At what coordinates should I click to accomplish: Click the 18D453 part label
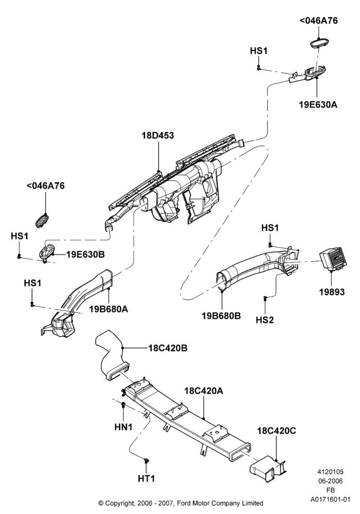[158, 135]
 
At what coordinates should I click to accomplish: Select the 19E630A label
[318, 104]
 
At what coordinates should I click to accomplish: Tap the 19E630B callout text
[85, 254]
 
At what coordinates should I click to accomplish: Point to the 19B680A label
[109, 309]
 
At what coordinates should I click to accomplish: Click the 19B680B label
[221, 316]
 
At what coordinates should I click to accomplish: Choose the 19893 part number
[332, 291]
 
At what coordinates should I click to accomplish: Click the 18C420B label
[168, 348]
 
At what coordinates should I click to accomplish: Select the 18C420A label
[204, 391]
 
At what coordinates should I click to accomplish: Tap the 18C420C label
[276, 430]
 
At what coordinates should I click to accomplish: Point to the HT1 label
[146, 479]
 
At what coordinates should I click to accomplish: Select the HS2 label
[264, 320]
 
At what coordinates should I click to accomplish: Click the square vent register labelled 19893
[333, 260]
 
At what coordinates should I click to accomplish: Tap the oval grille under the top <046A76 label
[319, 43]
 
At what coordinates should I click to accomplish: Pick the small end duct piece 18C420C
[268, 466]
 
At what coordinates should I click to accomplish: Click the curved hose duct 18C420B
[112, 356]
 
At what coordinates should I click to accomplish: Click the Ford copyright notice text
[181, 503]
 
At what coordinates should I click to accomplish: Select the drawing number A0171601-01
[331, 500]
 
